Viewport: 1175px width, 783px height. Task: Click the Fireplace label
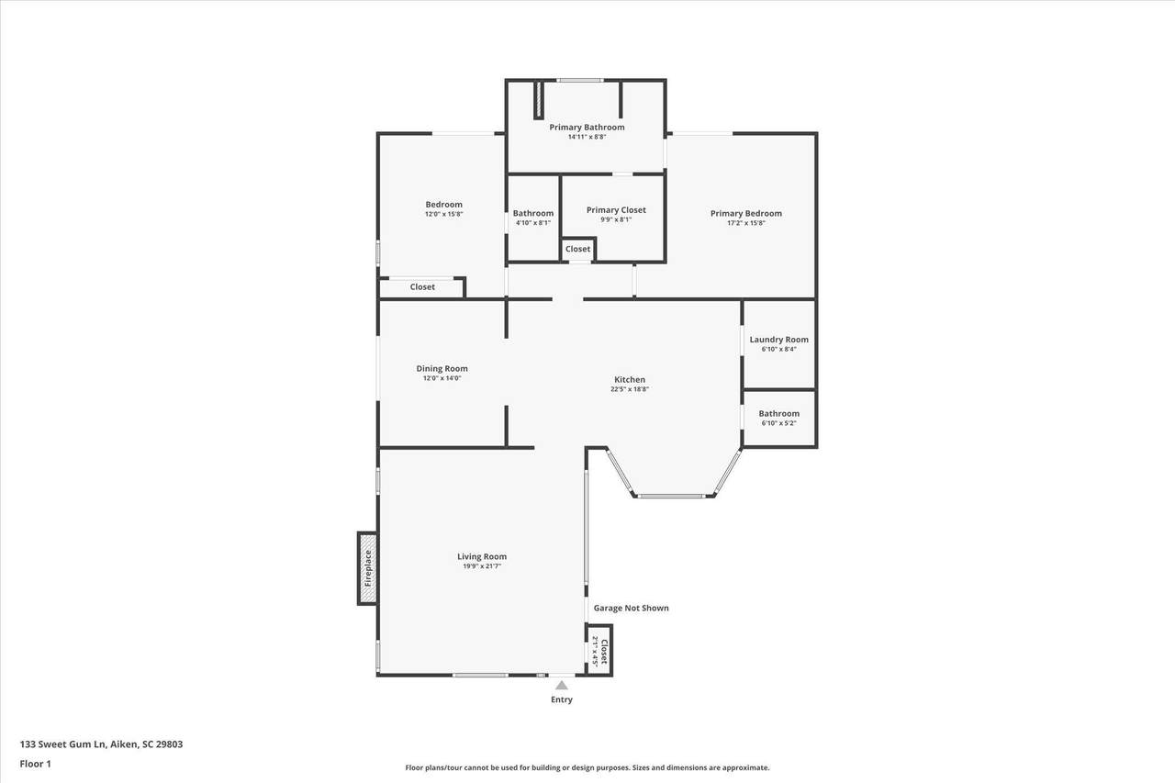[x=368, y=568]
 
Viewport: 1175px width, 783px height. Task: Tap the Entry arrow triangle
[x=561, y=685]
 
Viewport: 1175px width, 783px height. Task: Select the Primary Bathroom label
[x=587, y=127]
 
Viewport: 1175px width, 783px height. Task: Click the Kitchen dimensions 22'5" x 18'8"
[x=630, y=389]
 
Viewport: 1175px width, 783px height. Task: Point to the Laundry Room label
[x=779, y=340]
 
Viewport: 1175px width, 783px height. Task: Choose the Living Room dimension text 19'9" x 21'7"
[x=482, y=566]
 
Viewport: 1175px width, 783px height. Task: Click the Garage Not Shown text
[x=631, y=608]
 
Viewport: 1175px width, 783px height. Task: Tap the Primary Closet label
[x=616, y=210]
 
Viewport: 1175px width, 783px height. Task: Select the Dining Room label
[x=442, y=369]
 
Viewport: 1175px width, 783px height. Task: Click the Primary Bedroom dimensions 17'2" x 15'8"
[x=746, y=223]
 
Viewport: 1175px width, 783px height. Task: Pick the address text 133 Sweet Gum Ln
[x=63, y=744]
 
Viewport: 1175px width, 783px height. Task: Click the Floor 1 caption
[x=35, y=764]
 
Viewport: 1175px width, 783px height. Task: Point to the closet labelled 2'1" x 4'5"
[x=599, y=651]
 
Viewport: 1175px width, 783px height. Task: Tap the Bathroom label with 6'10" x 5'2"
[x=779, y=413]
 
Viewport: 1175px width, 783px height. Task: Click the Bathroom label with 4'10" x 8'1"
[x=533, y=213]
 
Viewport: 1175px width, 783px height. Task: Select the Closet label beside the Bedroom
[x=422, y=287]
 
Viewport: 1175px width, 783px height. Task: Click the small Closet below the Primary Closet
[x=577, y=249]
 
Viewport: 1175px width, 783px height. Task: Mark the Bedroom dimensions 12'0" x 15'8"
[x=443, y=214]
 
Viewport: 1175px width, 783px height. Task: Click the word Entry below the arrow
[x=561, y=699]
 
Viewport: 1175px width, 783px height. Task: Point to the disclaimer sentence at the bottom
[x=587, y=767]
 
